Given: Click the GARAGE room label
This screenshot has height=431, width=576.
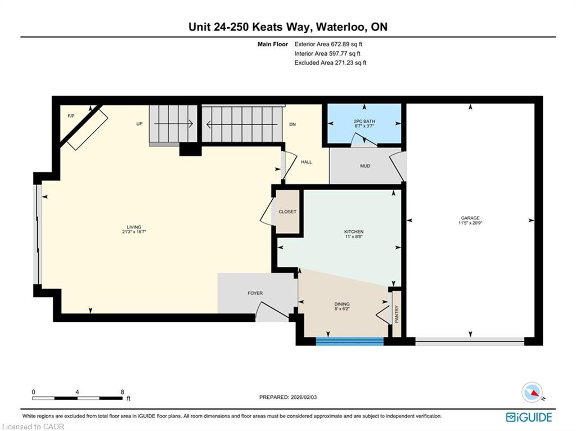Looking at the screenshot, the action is (470, 218).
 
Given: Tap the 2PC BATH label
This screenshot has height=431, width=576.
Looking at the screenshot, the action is (364, 121).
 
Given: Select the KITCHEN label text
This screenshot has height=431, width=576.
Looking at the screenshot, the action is (354, 231).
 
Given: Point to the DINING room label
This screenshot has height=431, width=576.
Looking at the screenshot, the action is (342, 304).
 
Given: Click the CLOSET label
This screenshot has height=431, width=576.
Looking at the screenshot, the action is (287, 212).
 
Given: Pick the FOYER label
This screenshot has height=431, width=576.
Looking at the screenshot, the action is (255, 293).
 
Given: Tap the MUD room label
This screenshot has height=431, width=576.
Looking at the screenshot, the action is (365, 166).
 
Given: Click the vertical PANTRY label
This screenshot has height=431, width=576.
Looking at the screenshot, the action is (397, 314).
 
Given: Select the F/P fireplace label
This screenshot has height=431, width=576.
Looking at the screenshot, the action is (71, 116).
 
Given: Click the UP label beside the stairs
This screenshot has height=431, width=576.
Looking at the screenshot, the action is (139, 124).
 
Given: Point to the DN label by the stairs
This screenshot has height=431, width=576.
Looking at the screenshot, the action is (292, 124).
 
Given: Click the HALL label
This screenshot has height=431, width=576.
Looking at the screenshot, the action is (307, 161).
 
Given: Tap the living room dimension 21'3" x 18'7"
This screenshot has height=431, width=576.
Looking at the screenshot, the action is (134, 232).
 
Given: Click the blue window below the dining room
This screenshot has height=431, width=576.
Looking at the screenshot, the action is (350, 342).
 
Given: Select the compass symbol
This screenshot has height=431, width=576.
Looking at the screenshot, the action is (532, 393).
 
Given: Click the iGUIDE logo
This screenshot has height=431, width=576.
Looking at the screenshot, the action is (529, 417).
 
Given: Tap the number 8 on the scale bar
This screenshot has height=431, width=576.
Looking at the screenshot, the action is (122, 392).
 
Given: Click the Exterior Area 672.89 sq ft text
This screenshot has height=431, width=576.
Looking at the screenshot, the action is (328, 44).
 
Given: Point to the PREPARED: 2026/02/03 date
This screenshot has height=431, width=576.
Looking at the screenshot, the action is (288, 397).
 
